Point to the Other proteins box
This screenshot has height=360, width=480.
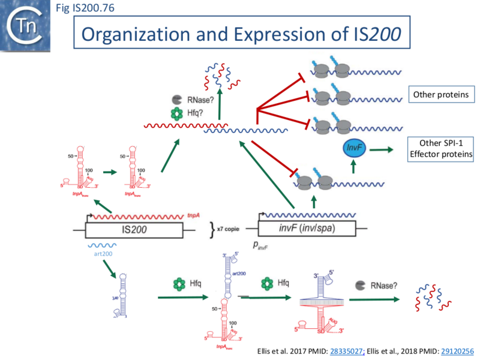click(x=440, y=94)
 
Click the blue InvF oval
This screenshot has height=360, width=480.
click(x=353, y=148)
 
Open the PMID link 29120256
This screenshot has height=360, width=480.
click(x=448, y=351)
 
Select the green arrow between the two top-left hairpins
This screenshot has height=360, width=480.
click(x=112, y=172)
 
